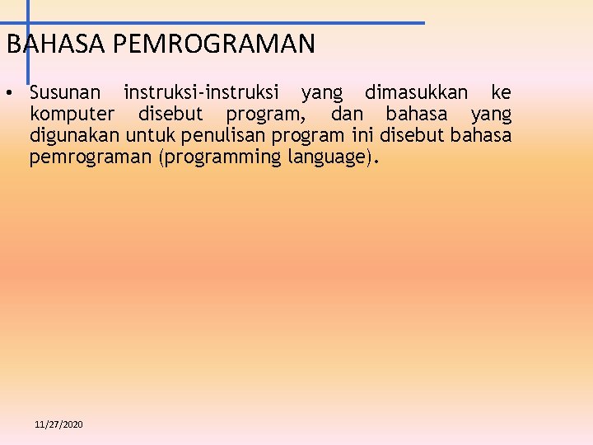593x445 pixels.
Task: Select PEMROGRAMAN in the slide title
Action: click(x=213, y=44)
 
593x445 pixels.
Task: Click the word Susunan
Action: click(x=65, y=91)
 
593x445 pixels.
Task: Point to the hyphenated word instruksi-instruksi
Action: click(x=201, y=91)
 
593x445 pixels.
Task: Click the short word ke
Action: click(x=500, y=91)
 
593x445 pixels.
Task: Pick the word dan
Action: click(x=346, y=113)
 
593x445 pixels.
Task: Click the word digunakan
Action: click(x=74, y=135)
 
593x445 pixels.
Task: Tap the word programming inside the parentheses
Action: click(x=223, y=157)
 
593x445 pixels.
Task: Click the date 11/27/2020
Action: click(x=58, y=424)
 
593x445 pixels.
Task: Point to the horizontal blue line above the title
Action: click(x=247, y=23)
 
